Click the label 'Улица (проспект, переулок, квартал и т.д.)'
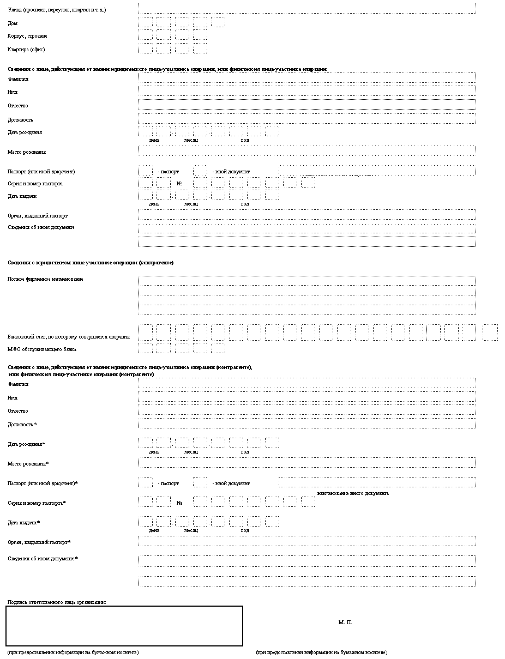pyautogui.click(x=57, y=10)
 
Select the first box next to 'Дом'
pyautogui.click(x=146, y=22)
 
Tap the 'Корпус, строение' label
pyautogui.click(x=27, y=36)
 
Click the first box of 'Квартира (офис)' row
pyautogui.click(x=146, y=49)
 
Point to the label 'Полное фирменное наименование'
pyautogui.click(x=45, y=279)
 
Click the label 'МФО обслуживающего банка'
pyautogui.click(x=42, y=349)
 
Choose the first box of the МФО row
pyautogui.click(x=146, y=348)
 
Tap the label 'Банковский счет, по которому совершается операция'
pyautogui.click(x=69, y=336)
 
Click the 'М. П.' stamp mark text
pyautogui.click(x=345, y=622)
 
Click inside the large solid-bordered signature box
pyautogui.click(x=124, y=626)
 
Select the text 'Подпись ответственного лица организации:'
pyautogui.click(x=57, y=602)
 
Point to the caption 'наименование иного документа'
pyautogui.click(x=353, y=493)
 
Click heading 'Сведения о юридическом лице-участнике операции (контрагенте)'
pyautogui.click(x=91, y=263)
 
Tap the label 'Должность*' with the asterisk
pyautogui.click(x=22, y=424)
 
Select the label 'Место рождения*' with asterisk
pyautogui.click(x=28, y=464)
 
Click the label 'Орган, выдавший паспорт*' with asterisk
pyautogui.click(x=39, y=542)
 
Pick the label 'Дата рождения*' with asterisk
pyautogui.click(x=26, y=444)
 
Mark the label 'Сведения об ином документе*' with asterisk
pyautogui.click(x=43, y=559)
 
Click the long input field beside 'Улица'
pyautogui.click(x=307, y=8)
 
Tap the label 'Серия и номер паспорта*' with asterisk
pyautogui.click(x=37, y=503)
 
